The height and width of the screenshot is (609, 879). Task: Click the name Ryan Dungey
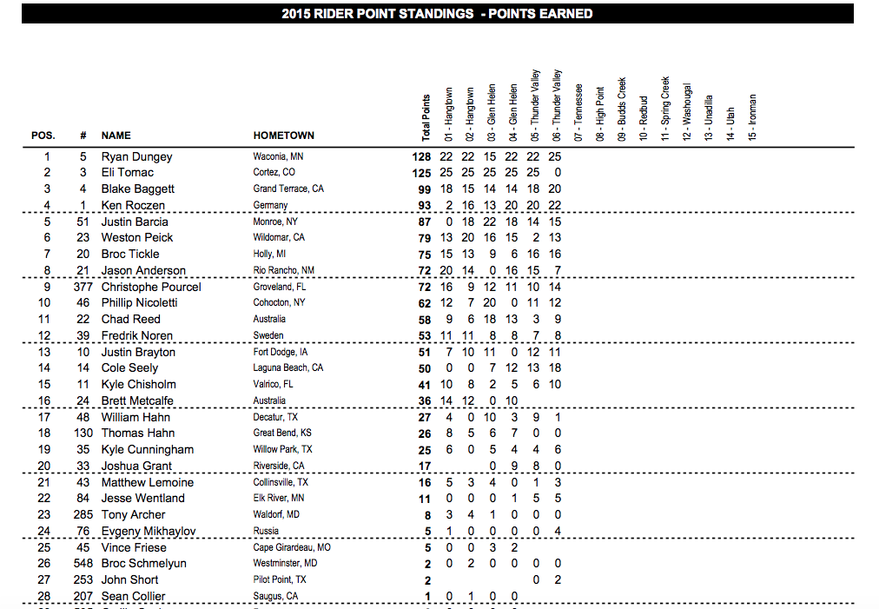click(x=136, y=156)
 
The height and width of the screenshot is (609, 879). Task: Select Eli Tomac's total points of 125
click(x=422, y=173)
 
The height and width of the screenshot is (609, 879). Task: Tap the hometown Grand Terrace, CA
click(x=287, y=189)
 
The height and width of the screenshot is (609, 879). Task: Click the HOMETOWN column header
click(x=283, y=136)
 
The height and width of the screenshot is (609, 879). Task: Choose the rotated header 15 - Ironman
click(x=752, y=117)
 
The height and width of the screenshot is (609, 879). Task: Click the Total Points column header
click(x=426, y=117)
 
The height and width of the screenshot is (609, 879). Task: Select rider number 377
click(x=83, y=287)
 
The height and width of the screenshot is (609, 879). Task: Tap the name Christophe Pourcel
click(x=151, y=287)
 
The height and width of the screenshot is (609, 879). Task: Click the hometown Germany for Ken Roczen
click(x=270, y=206)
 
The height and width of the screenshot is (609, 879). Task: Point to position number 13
click(x=47, y=352)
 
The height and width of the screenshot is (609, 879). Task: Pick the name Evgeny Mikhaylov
click(x=149, y=531)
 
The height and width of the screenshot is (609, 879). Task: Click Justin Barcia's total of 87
click(x=425, y=222)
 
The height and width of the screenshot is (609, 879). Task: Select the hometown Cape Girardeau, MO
click(x=291, y=547)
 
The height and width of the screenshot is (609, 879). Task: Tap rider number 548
click(x=83, y=563)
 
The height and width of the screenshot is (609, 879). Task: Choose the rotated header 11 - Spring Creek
click(x=665, y=109)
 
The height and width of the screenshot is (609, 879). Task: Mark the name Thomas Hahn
click(x=138, y=433)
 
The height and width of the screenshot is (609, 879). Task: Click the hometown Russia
click(x=266, y=531)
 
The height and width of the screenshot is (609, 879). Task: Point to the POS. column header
click(x=43, y=136)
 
